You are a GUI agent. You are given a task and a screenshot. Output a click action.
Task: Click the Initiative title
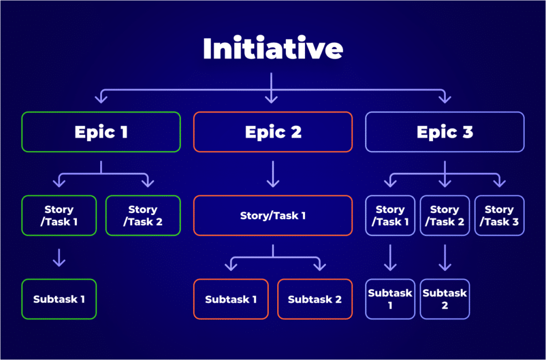pos(272,49)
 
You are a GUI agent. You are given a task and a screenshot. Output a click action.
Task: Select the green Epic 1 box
pos(101,132)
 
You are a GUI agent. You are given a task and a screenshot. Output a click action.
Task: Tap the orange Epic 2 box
pos(272,132)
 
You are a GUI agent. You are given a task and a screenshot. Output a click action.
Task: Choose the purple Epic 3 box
pos(445,132)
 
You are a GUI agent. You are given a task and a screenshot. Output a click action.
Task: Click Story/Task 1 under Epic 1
pos(59,215)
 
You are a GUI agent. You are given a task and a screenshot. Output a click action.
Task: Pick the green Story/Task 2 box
pos(143,215)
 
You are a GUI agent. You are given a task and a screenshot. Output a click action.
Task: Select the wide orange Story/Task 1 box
pos(272,215)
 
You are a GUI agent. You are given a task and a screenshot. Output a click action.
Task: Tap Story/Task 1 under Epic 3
pos(390,215)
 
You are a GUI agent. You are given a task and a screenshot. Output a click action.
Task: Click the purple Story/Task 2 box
pos(445,215)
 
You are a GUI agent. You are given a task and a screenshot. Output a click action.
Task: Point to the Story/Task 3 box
pos(500,215)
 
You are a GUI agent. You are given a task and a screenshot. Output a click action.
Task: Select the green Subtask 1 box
pos(59,299)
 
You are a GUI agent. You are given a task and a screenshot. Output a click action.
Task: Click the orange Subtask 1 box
pos(231,299)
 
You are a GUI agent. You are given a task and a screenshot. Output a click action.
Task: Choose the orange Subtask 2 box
pos(315,299)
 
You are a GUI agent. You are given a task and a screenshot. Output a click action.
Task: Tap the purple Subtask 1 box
pos(390,299)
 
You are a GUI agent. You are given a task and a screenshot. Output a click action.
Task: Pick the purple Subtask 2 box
pos(445,299)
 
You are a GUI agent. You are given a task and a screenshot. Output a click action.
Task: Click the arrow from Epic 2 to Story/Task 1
pos(272,174)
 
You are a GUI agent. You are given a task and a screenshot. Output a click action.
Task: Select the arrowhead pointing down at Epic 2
pos(272,98)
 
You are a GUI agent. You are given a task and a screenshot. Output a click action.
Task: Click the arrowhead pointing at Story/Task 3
pos(499,183)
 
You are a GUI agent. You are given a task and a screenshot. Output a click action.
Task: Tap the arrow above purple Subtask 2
pos(445,258)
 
